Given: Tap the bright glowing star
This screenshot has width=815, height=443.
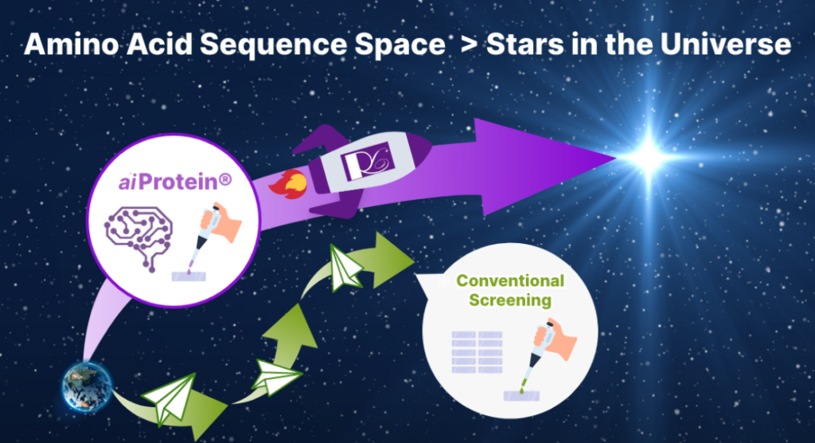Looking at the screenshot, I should click(x=649, y=156).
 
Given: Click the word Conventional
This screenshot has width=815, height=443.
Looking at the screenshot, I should click(x=509, y=281).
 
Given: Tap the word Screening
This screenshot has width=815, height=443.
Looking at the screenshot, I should click(x=509, y=300).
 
